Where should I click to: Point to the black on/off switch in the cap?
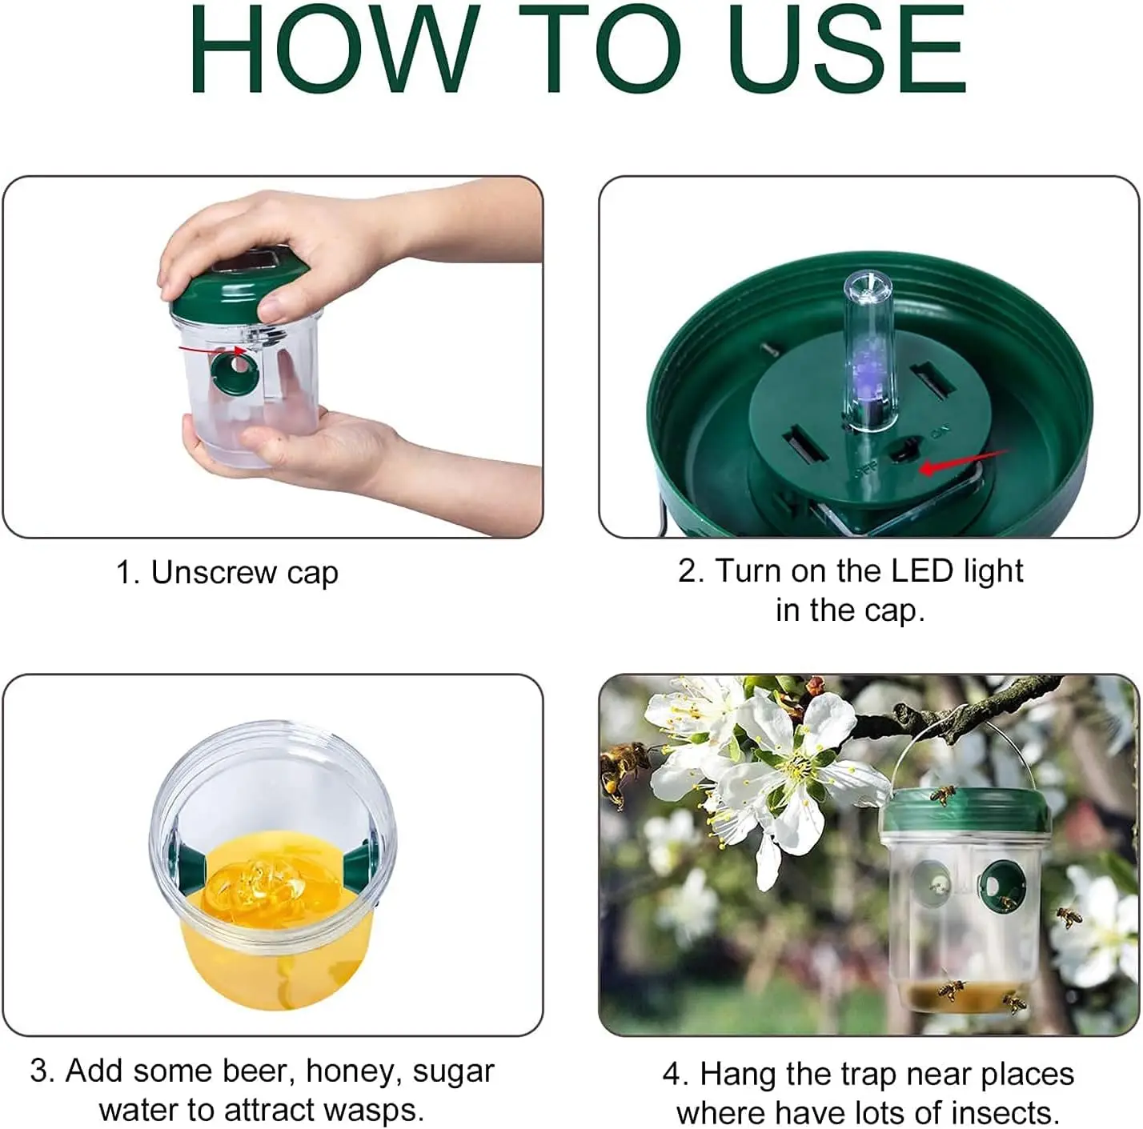(x=904, y=453)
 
